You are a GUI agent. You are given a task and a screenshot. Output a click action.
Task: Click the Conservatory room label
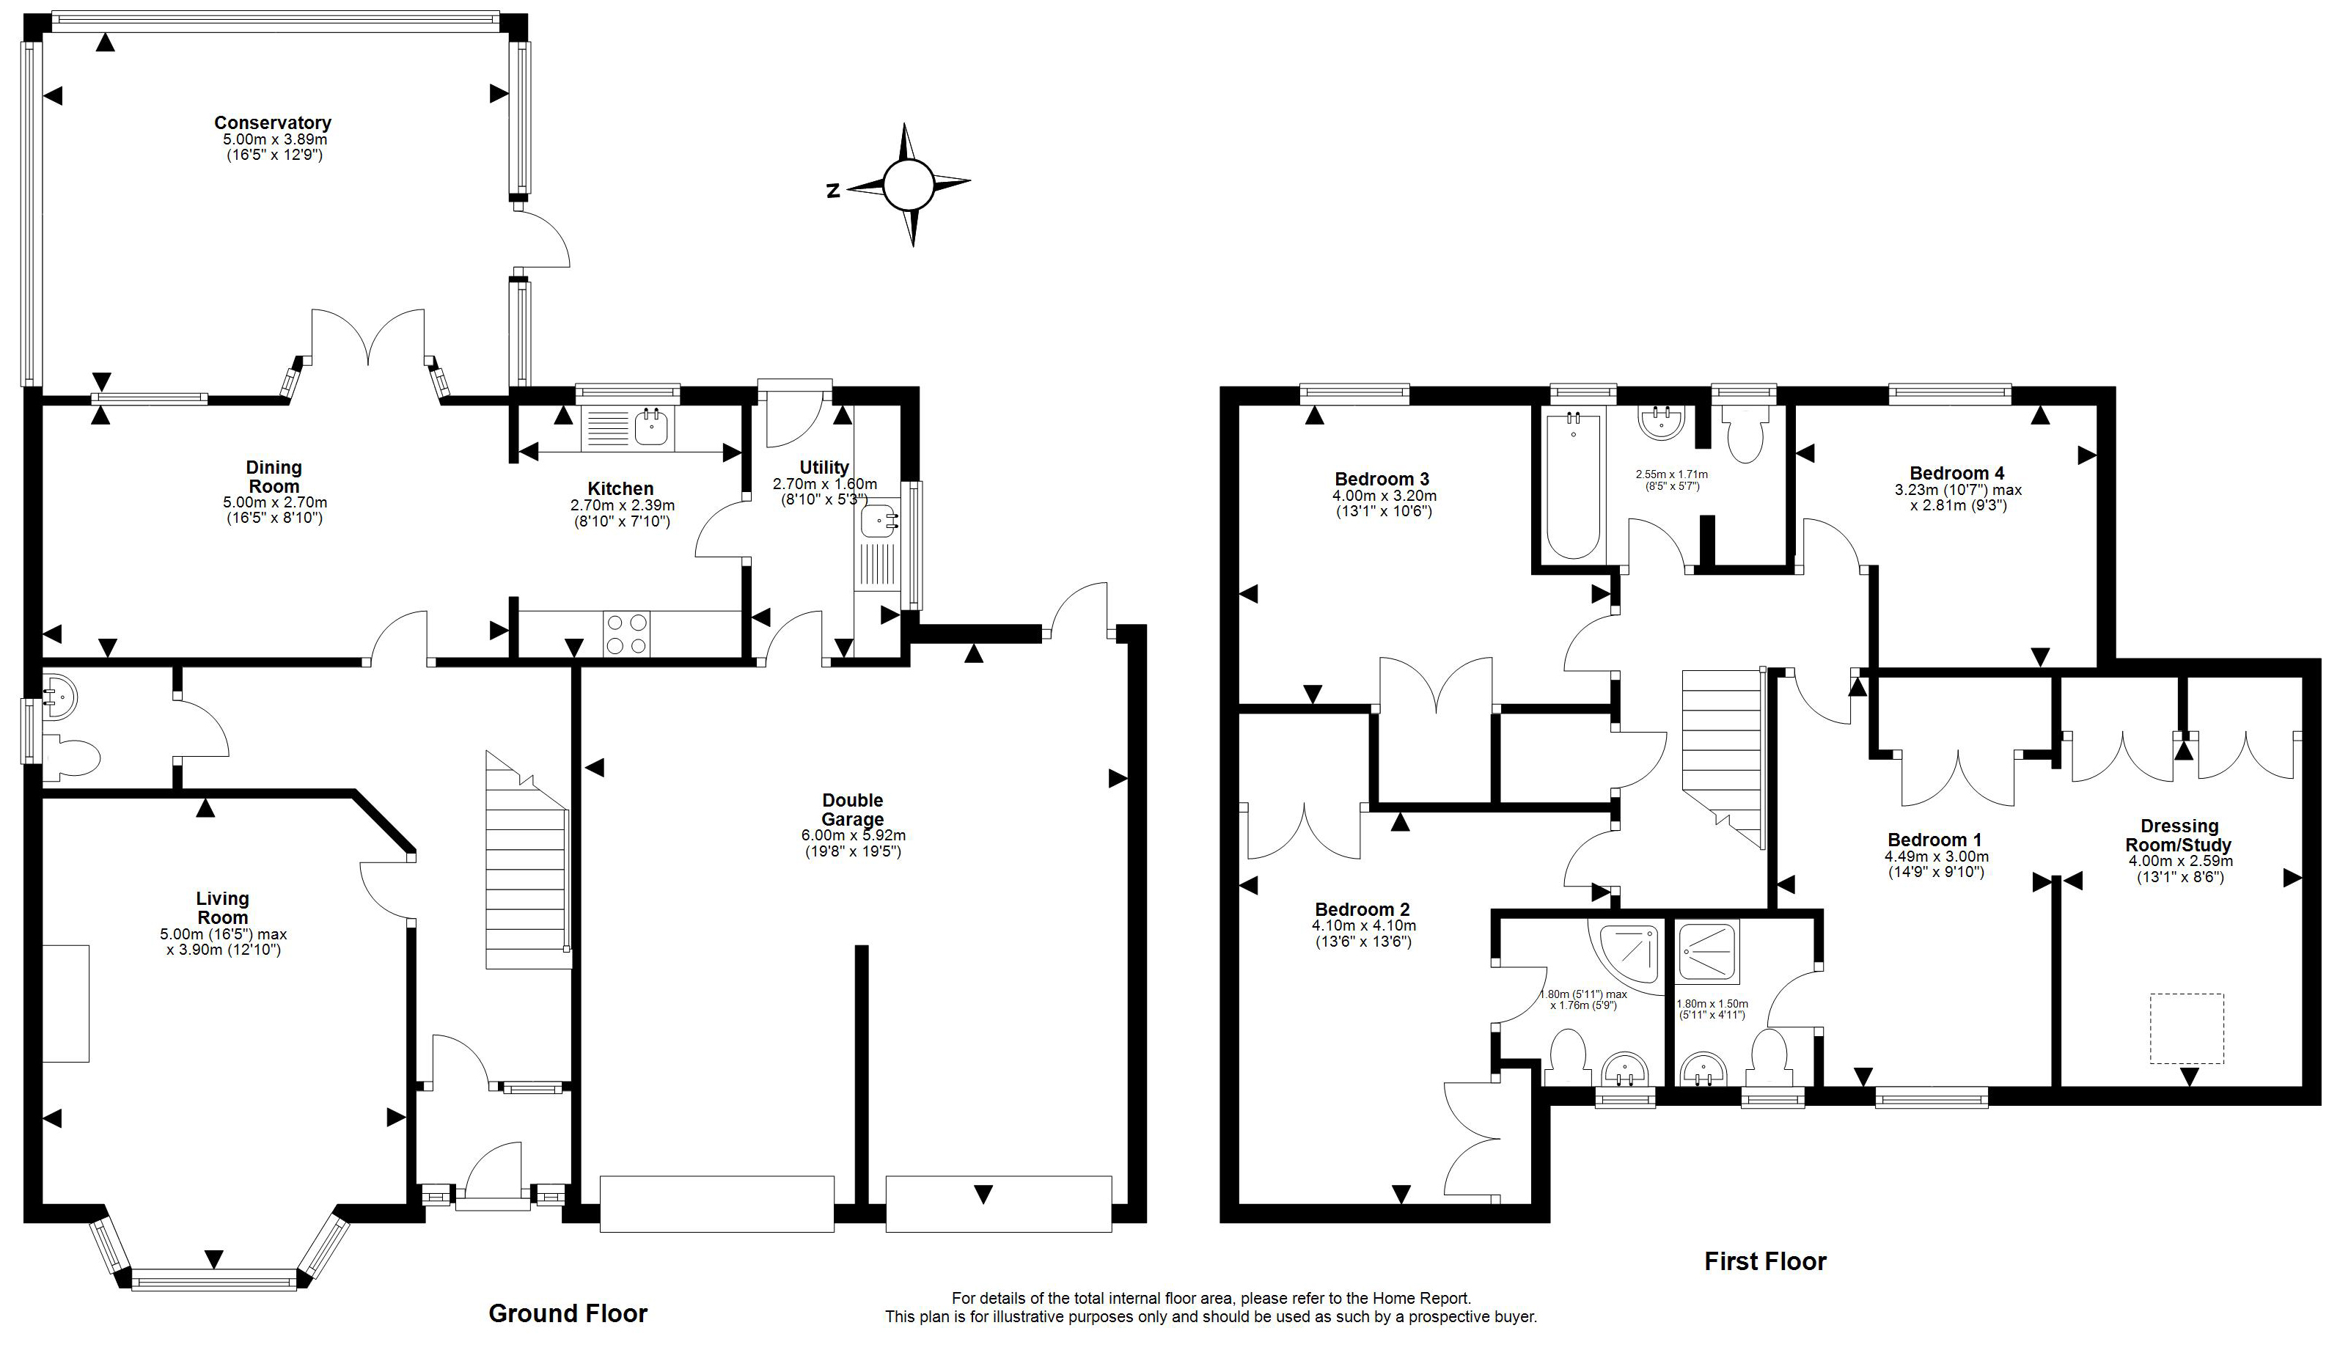[x=273, y=122]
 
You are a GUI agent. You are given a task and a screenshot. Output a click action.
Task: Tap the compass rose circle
[x=907, y=186]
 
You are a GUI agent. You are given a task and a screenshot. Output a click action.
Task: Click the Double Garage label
[x=852, y=810]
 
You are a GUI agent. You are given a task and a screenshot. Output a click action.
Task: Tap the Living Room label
[x=223, y=907]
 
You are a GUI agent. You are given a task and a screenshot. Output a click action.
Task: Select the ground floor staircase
[x=527, y=860]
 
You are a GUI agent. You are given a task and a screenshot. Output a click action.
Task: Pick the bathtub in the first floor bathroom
[x=1572, y=485]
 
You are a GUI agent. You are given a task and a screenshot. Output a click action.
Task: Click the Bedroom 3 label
[x=1382, y=479]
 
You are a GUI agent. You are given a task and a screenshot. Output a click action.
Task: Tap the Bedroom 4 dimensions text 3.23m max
[x=1957, y=490]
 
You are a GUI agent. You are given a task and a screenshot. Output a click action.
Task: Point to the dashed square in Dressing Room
[x=2187, y=1029]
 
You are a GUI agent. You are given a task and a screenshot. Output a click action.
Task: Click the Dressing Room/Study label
[x=2179, y=835]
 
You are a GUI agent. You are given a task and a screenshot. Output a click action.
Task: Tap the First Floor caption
[x=1765, y=1261]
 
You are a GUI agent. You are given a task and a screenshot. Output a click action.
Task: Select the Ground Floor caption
[x=568, y=1313]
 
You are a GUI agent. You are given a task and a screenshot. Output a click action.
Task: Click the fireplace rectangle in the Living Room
[x=66, y=1003]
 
